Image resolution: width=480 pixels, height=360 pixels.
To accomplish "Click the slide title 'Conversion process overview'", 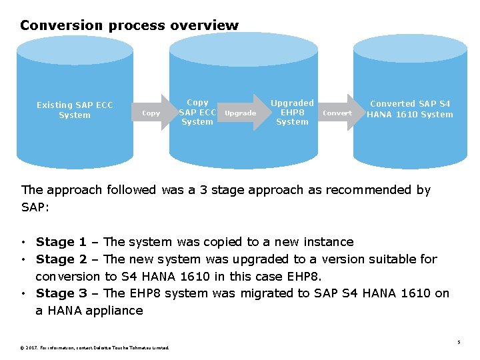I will point(129,25).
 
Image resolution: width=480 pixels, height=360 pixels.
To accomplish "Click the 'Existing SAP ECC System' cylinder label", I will point(75,110).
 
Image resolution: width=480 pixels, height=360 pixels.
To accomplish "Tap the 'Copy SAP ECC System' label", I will point(197,112).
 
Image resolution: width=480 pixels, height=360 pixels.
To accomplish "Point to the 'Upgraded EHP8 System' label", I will point(292,112).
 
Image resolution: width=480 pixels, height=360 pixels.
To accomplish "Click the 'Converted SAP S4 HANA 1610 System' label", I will point(410,109).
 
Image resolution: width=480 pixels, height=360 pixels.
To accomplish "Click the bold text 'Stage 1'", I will point(61,242).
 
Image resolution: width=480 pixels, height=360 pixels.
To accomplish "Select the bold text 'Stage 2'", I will point(61,259).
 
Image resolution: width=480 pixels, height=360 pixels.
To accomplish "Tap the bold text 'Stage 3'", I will point(61,293).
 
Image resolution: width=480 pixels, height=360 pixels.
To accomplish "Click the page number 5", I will point(459,343).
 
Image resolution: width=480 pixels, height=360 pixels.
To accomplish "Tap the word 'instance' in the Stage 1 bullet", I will point(328,242).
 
